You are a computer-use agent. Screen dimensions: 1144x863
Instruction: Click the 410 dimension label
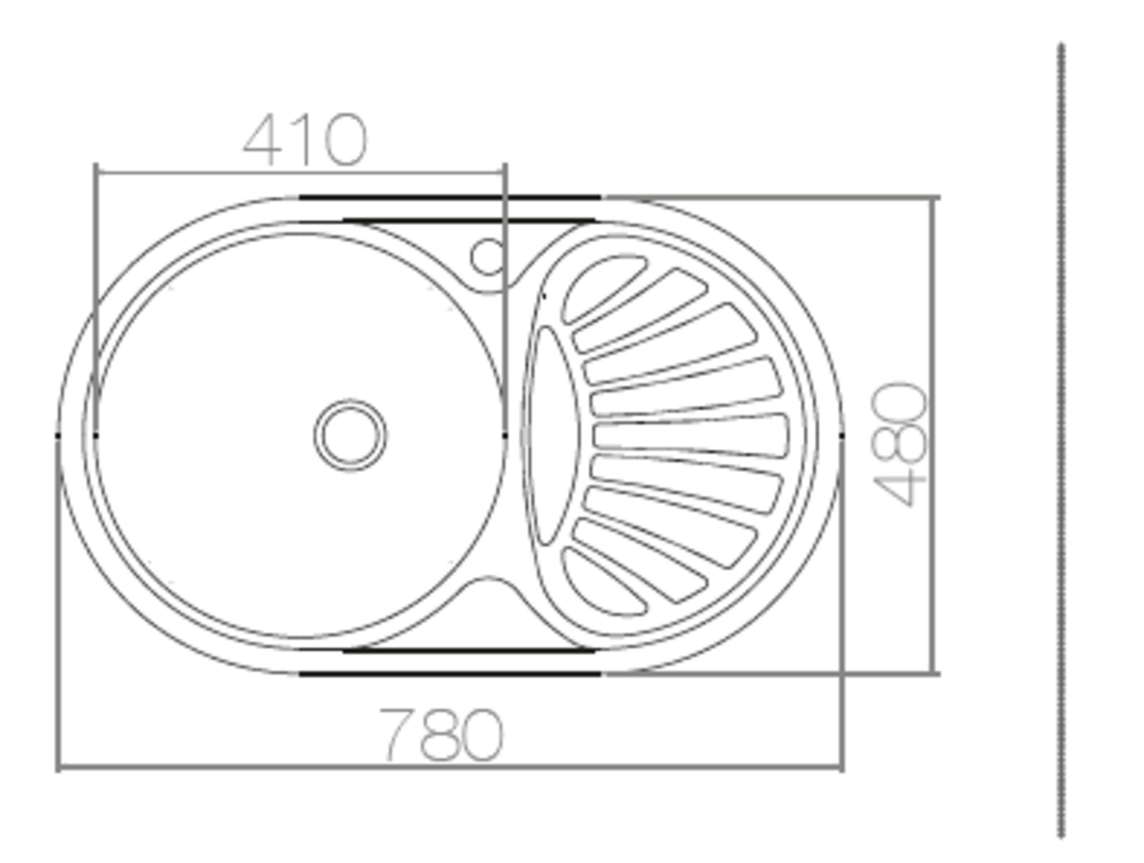[x=305, y=139]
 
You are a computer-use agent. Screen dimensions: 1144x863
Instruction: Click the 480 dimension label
[x=899, y=444]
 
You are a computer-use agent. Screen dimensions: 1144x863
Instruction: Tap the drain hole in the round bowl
[x=350, y=435]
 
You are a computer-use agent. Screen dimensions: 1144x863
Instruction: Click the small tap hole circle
[x=487, y=257]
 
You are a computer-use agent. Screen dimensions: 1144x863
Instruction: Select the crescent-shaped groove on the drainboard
[x=551, y=435]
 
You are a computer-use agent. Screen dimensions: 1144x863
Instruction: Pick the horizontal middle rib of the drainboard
[x=690, y=435]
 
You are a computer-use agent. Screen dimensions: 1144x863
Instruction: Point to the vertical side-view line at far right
[x=1062, y=448]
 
